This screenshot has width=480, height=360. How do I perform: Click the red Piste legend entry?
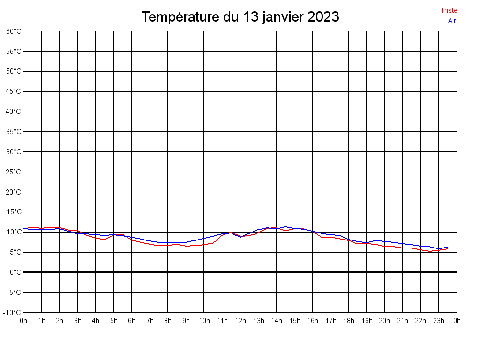click(x=450, y=10)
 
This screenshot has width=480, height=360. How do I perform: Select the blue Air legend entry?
click(x=452, y=21)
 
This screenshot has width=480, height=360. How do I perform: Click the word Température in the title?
click(x=180, y=17)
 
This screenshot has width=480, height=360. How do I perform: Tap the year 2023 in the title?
click(x=323, y=17)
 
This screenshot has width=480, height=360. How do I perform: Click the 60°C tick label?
click(x=14, y=31)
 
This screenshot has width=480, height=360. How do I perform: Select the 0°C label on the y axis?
click(x=15, y=272)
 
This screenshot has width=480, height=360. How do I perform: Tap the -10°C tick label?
click(x=12, y=313)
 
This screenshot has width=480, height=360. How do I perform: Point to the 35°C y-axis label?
click(x=14, y=132)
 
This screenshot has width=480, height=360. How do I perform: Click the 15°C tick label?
click(x=14, y=212)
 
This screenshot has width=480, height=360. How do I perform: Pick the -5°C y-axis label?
click(x=14, y=292)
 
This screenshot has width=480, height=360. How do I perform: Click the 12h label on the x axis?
click(x=240, y=321)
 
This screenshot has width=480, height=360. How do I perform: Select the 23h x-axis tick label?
click(x=439, y=321)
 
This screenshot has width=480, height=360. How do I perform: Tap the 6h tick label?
click(x=132, y=321)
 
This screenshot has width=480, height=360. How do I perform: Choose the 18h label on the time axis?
click(x=349, y=321)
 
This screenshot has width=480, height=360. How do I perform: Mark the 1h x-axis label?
click(x=42, y=321)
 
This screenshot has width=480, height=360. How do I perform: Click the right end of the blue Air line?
click(x=448, y=247)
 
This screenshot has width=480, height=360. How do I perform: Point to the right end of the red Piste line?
click(x=448, y=249)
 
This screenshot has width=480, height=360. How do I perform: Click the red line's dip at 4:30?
click(x=105, y=240)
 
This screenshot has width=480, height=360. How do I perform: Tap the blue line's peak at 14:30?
click(x=285, y=227)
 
